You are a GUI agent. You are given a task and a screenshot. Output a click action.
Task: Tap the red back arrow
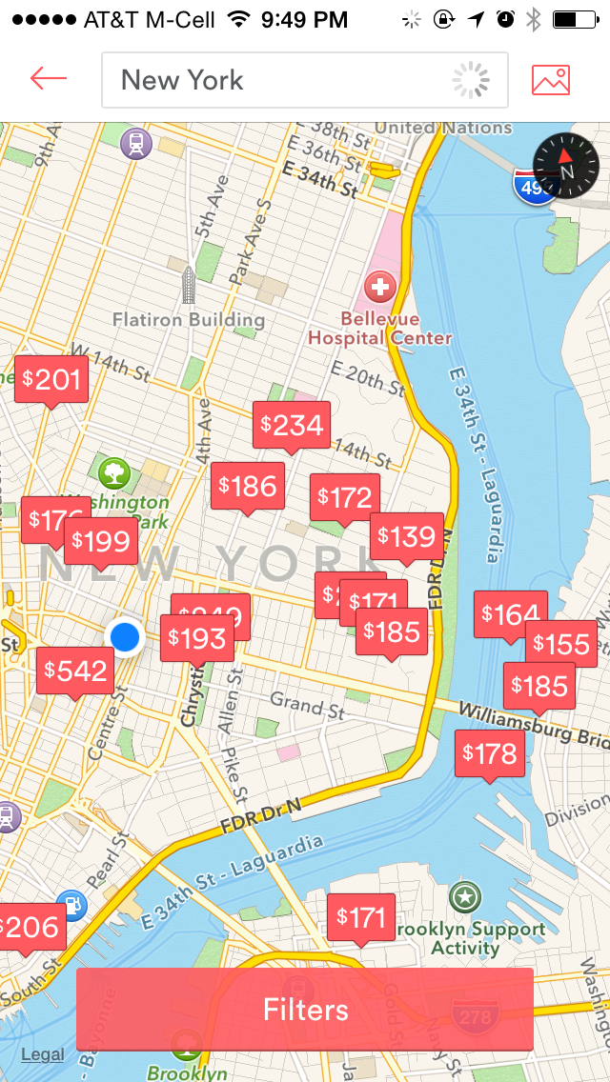tap(48, 79)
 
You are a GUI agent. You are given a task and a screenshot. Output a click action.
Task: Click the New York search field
tap(286, 80)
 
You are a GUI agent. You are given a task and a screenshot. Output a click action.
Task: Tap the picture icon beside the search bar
tap(551, 80)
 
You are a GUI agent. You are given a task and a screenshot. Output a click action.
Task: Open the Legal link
tap(43, 1054)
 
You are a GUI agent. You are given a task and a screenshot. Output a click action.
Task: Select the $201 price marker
tap(52, 380)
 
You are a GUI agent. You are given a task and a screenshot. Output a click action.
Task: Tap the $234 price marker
tap(292, 425)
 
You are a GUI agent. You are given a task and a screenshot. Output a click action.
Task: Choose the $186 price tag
tap(248, 487)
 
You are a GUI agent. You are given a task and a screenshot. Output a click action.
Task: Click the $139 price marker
tap(407, 537)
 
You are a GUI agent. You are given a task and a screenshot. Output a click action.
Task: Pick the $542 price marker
tap(75, 671)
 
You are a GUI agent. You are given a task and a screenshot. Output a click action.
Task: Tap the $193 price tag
tap(197, 637)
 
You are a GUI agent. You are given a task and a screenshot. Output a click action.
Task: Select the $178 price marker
tap(490, 754)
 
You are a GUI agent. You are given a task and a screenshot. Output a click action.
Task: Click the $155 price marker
tap(562, 644)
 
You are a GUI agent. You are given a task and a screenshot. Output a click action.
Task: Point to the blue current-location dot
tap(125, 635)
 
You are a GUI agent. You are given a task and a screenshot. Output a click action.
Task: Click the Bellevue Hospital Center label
tap(379, 328)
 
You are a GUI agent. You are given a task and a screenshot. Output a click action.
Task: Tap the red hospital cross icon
tap(379, 285)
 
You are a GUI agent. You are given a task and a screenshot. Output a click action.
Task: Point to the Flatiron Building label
tap(189, 319)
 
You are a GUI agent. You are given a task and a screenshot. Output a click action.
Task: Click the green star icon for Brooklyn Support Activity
tap(465, 896)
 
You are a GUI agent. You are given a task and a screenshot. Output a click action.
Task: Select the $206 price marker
tap(30, 927)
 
